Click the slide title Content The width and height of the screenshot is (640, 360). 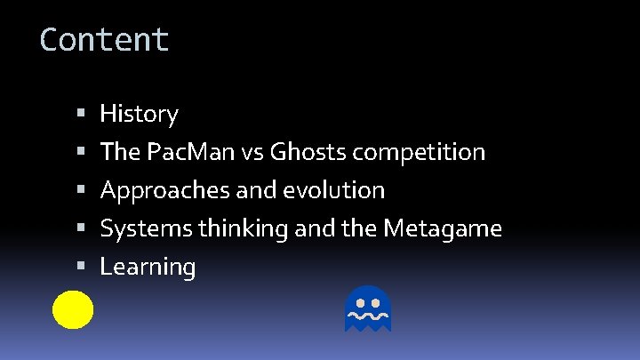(104, 40)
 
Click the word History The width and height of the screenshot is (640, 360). (139, 114)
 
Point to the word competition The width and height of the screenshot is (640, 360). (419, 152)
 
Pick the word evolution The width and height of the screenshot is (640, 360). (343, 190)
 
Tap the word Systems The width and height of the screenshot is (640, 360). (147, 228)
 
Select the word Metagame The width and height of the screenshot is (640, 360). (443, 228)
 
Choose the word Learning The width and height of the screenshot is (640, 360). (148, 267)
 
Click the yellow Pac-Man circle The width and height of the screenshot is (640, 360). (73, 309)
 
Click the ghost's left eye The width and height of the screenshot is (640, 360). (358, 302)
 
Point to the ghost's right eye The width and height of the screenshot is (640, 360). (376, 302)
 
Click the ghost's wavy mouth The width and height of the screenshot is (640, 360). (367, 316)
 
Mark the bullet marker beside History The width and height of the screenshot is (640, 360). (81, 114)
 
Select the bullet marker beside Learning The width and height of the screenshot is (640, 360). (81, 267)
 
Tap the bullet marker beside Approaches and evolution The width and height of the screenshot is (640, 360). (81, 190)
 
